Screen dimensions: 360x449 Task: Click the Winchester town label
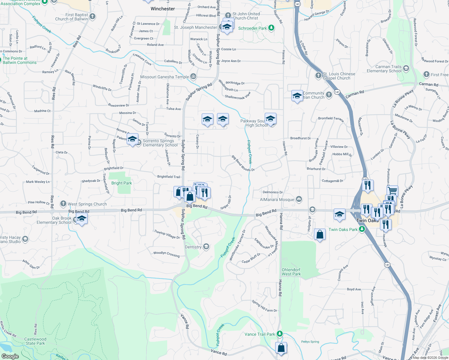(163, 9)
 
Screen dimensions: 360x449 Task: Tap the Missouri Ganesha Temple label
(164, 77)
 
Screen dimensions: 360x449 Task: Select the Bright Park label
(122, 183)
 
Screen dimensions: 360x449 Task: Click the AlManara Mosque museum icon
(299, 199)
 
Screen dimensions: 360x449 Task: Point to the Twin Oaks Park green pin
(362, 229)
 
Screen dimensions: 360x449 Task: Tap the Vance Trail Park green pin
(280, 334)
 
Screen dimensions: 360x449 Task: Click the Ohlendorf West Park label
(291, 272)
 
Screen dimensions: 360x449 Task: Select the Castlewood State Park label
(35, 341)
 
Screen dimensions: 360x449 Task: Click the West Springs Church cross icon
(63, 204)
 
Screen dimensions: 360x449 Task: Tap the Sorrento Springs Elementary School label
(160, 143)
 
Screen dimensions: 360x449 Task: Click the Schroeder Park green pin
(271, 28)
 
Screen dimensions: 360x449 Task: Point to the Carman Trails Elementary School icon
(406, 68)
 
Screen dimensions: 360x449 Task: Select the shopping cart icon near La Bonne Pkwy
(393, 190)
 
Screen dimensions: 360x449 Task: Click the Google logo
(10, 356)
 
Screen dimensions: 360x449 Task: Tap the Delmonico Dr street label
(273, 192)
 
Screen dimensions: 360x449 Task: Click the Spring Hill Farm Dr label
(264, 306)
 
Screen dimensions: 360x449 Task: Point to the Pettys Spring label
(310, 342)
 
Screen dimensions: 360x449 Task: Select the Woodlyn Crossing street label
(166, 254)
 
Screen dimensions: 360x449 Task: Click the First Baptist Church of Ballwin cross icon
(92, 16)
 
